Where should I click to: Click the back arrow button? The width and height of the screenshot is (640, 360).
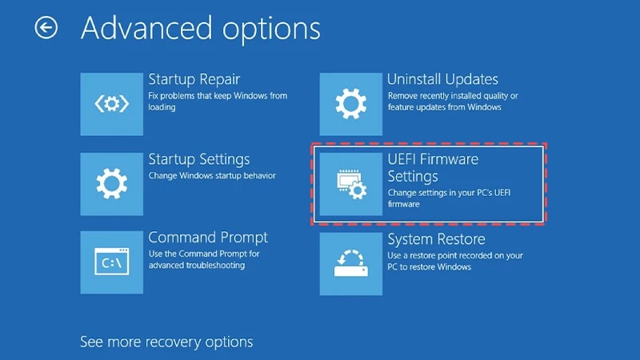tap(46, 29)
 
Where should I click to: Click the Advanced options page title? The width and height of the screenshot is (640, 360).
tap(201, 29)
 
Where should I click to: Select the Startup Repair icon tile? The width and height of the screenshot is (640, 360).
tap(112, 104)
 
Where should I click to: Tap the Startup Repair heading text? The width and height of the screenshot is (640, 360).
tap(194, 79)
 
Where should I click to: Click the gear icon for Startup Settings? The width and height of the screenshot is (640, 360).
tap(112, 184)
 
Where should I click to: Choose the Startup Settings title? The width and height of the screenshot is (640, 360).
tap(199, 159)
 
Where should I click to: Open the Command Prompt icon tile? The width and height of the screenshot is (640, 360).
tap(112, 262)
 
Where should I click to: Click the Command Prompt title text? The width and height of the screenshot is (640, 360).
tap(208, 238)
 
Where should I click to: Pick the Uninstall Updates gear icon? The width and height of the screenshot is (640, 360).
tap(350, 104)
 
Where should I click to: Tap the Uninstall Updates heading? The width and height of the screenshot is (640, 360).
tap(442, 79)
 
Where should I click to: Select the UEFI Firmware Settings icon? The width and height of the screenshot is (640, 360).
tap(350, 184)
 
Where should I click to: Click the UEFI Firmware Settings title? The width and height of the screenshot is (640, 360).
tap(433, 167)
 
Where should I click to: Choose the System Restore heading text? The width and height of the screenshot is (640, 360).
tap(436, 239)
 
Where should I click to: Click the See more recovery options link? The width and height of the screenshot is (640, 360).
tap(166, 342)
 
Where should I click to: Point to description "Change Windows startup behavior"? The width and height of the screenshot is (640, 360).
tap(212, 175)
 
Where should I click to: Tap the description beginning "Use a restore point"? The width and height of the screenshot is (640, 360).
tap(454, 261)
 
